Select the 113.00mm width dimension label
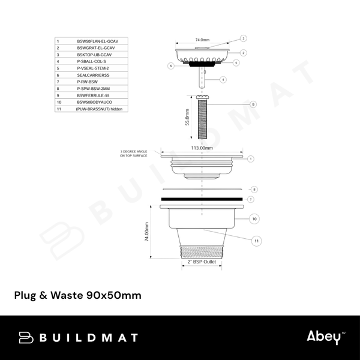(x=202, y=147)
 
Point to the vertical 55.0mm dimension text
(x=188, y=117)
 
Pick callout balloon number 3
(x=244, y=38)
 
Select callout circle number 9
(x=253, y=104)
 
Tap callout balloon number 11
(x=256, y=241)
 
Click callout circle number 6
(x=170, y=66)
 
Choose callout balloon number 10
(x=254, y=218)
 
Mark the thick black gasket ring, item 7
(x=202, y=198)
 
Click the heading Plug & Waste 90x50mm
(x=77, y=295)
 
